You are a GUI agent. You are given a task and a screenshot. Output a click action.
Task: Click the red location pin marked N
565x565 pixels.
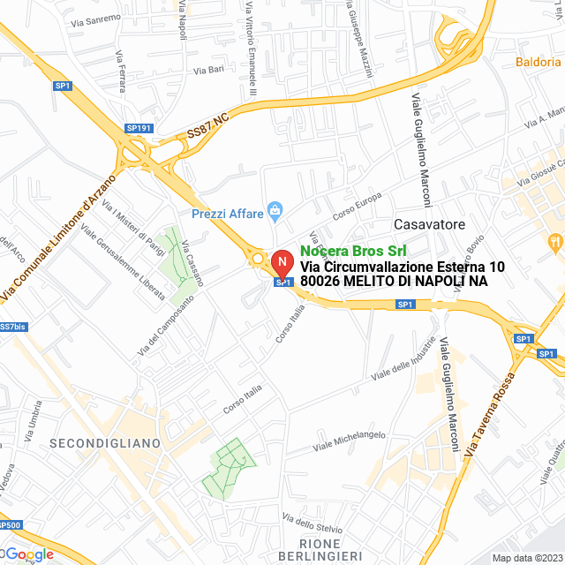281,263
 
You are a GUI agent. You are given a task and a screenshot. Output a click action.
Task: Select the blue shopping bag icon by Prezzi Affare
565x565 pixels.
275,211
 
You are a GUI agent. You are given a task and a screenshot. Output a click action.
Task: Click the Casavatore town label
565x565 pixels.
429,224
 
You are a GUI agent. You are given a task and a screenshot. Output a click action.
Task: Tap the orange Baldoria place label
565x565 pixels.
538,63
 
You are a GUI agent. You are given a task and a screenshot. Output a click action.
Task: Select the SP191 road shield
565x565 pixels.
139,128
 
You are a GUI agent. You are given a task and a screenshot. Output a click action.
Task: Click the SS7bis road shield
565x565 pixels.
12,327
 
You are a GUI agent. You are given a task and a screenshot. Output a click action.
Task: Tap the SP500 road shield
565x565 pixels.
10,525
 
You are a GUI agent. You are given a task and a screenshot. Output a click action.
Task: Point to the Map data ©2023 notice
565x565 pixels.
526,558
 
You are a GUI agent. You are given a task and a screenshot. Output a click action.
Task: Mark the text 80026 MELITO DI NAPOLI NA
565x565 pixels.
394,281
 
